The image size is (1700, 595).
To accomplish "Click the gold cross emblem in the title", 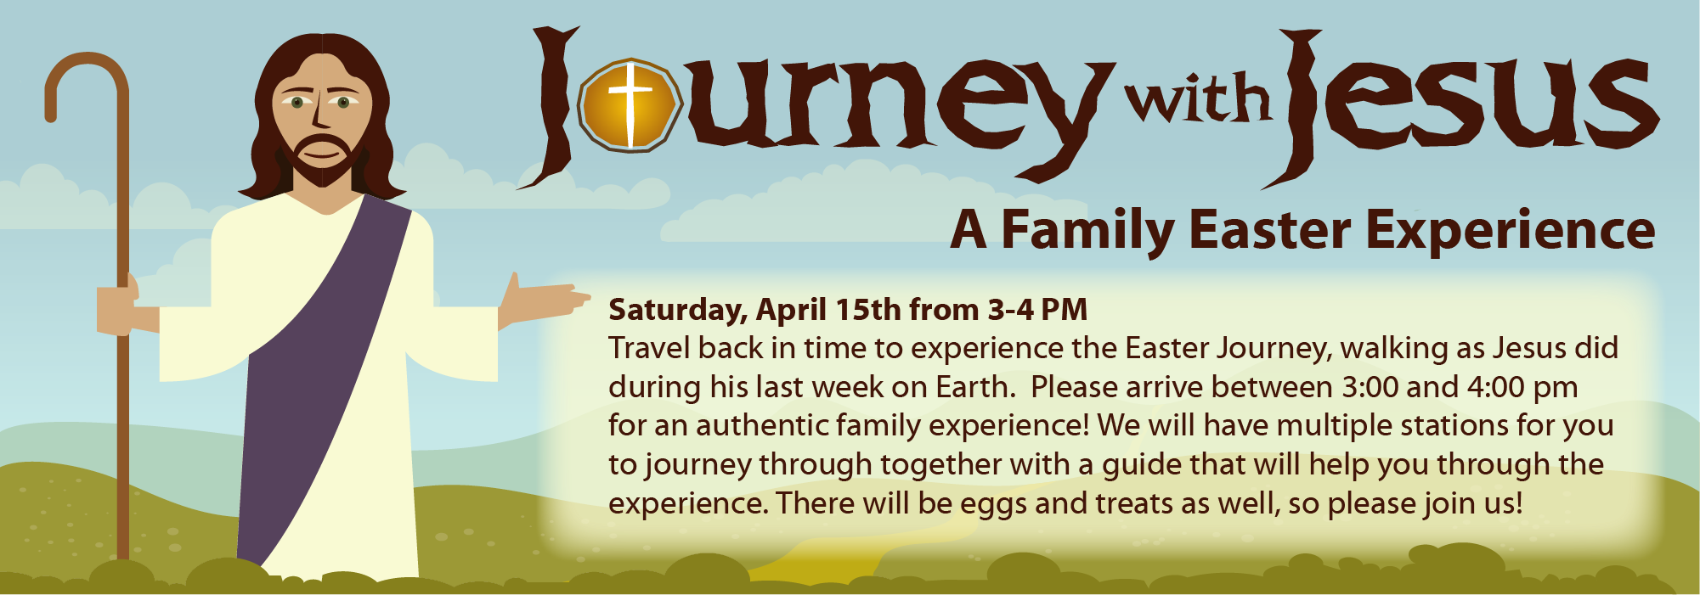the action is [630, 105].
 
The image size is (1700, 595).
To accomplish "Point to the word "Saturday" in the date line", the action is [677, 311].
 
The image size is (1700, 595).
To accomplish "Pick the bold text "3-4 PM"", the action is [1037, 310].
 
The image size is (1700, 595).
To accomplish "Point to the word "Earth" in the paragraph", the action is [974, 387].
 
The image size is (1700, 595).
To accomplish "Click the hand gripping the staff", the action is [118, 304].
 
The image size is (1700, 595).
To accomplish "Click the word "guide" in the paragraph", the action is [1142, 466].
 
